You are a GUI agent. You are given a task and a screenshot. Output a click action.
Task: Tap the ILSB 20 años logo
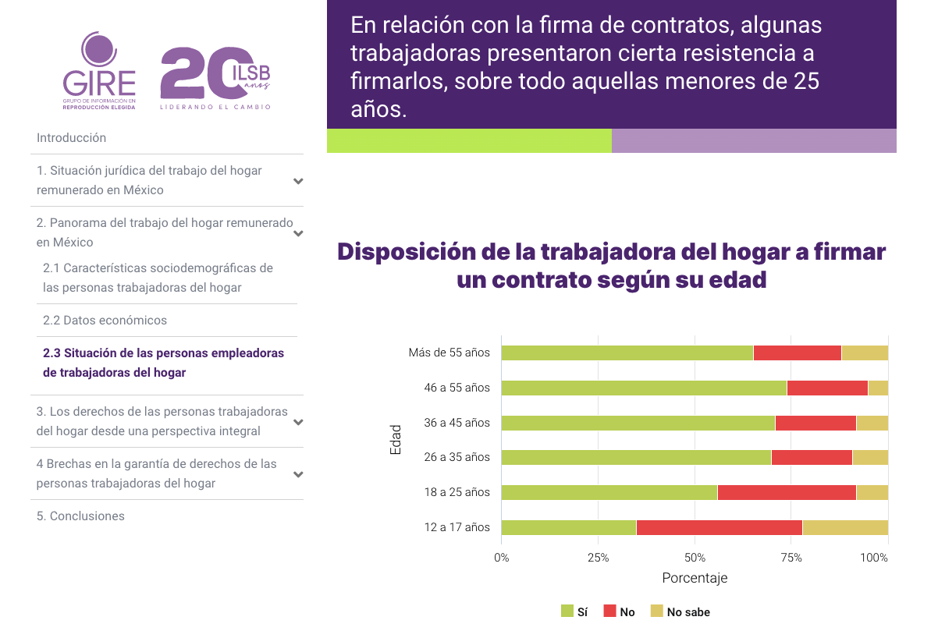pyautogui.click(x=215, y=77)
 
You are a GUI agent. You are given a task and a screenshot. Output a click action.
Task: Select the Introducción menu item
pyautogui.click(x=71, y=138)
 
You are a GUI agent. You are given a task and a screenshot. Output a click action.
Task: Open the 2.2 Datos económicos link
pyautogui.click(x=105, y=321)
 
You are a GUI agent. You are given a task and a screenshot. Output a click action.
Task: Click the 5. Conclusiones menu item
pyautogui.click(x=80, y=516)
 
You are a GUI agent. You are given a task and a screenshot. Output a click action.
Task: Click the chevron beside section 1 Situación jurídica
pyautogui.click(x=298, y=181)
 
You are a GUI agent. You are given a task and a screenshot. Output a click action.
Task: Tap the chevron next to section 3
pyautogui.click(x=298, y=422)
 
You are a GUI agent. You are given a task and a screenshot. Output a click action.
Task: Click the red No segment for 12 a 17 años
pyautogui.click(x=719, y=527)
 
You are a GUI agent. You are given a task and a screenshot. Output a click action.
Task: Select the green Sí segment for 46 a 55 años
pyautogui.click(x=644, y=388)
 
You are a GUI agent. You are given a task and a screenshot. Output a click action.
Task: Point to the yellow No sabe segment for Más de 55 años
pyautogui.click(x=865, y=353)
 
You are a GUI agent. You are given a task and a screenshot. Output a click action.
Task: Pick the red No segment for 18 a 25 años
pyautogui.click(x=787, y=492)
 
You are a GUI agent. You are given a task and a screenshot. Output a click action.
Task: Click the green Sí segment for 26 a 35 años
pyautogui.click(x=636, y=457)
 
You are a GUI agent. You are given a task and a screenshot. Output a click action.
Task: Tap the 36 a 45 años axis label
pyautogui.click(x=457, y=423)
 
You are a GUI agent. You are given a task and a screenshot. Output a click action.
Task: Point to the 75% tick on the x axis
pyautogui.click(x=791, y=558)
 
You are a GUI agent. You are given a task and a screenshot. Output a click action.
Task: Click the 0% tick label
pyautogui.click(x=502, y=558)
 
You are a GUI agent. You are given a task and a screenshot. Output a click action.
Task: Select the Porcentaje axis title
pyautogui.click(x=695, y=579)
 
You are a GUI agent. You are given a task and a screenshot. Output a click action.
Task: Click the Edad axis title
pyautogui.click(x=396, y=440)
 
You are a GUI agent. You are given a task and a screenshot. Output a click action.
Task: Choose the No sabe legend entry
pyautogui.click(x=680, y=612)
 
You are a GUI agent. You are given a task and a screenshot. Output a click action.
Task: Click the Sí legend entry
pyautogui.click(x=574, y=612)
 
